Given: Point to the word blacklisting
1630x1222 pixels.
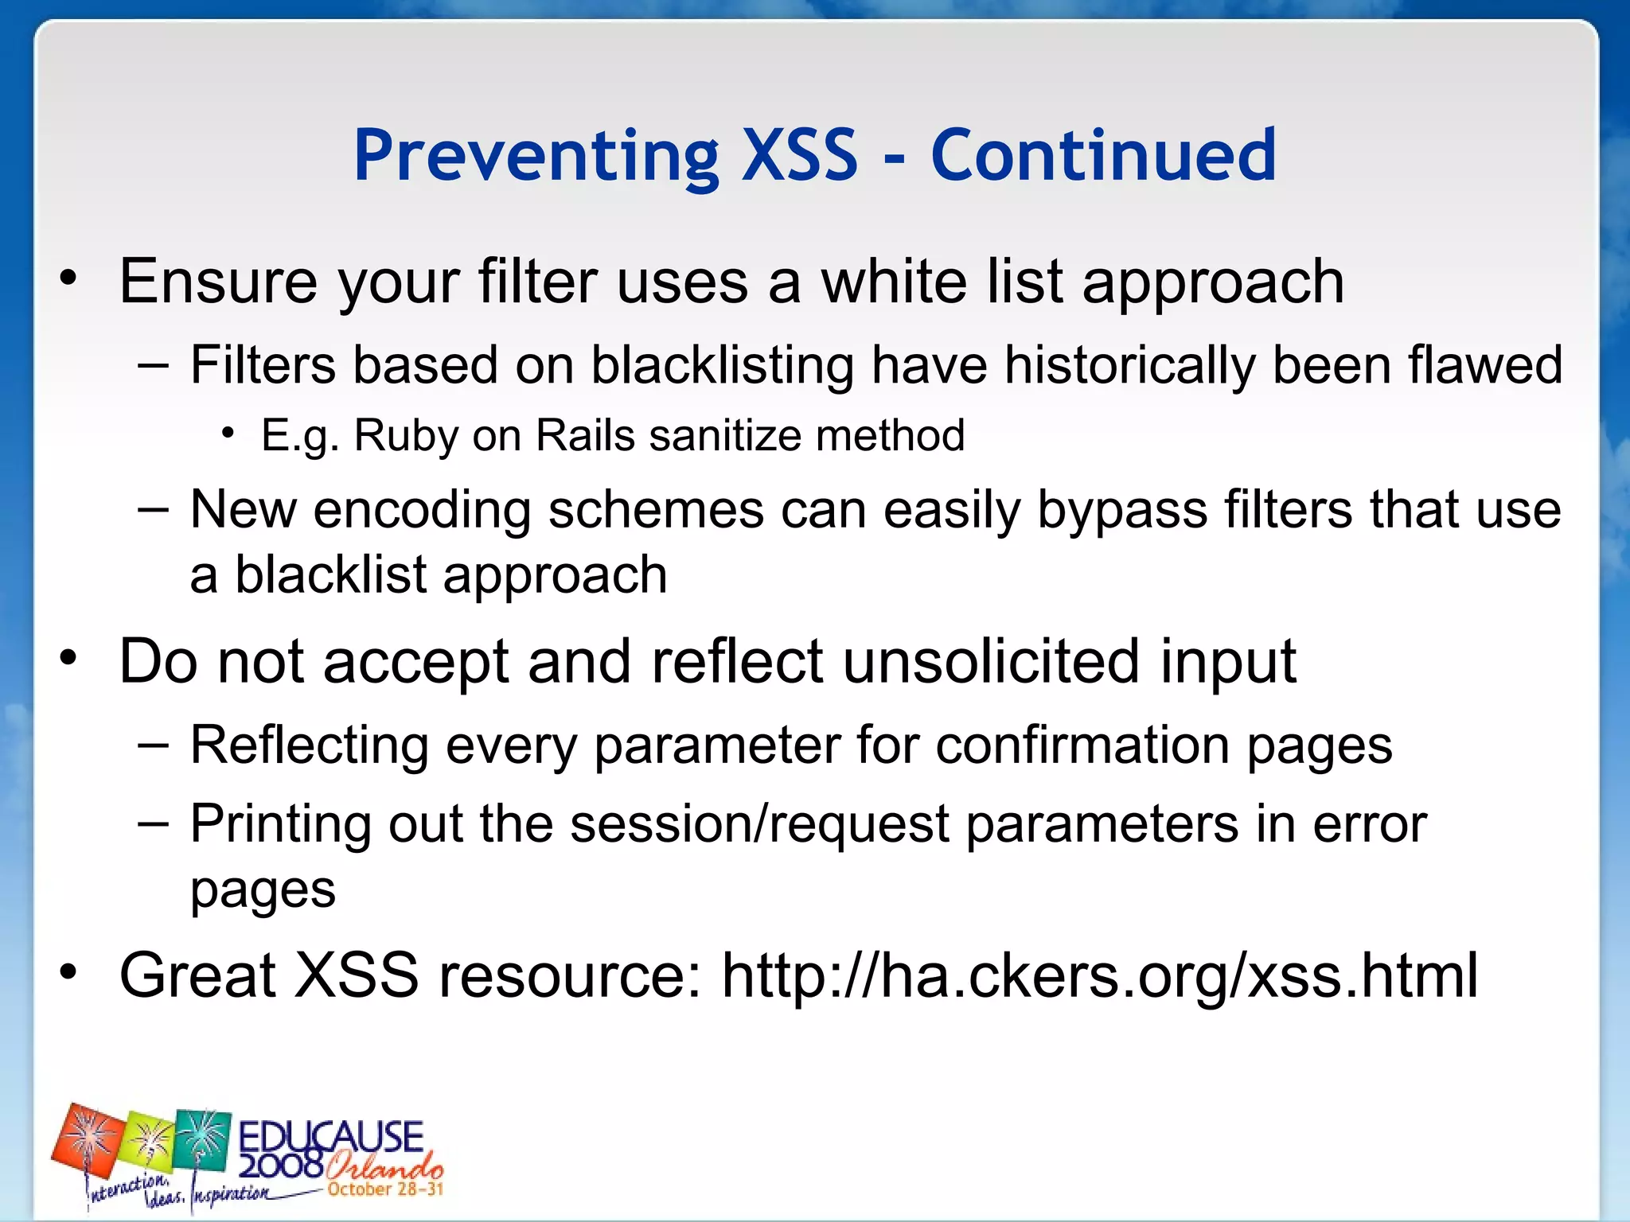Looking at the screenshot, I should (723, 366).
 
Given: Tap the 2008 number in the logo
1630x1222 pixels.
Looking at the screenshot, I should (280, 1166).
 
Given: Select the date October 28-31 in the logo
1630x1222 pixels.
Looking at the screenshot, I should (385, 1190).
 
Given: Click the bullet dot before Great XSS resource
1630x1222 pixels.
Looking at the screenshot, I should (69, 972).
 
